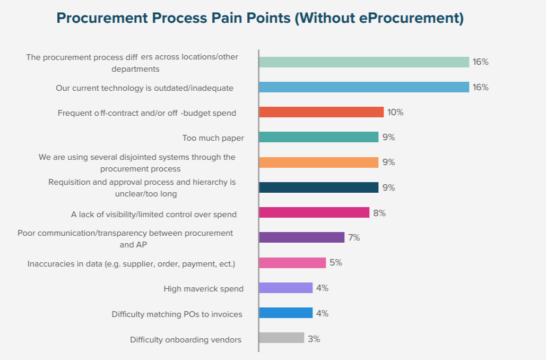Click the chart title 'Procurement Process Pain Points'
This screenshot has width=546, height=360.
coord(260,18)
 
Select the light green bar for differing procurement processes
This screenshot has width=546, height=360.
coord(364,62)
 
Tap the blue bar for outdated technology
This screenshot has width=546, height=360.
coord(364,87)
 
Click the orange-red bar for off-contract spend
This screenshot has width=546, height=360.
coord(321,112)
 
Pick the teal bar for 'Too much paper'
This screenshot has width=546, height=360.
coord(318,137)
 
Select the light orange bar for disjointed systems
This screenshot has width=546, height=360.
coord(318,162)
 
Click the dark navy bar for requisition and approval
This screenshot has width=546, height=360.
coord(318,187)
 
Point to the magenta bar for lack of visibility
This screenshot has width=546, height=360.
coord(314,212)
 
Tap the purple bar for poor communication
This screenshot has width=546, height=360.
coord(302,237)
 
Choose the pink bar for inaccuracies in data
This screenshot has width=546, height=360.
coord(292,263)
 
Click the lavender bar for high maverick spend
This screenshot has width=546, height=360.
coord(286,288)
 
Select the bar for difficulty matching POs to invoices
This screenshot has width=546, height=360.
coord(286,313)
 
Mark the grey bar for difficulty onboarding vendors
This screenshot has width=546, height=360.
coord(282,338)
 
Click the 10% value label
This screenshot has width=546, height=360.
coord(395,112)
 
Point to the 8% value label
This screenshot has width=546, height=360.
coord(379,213)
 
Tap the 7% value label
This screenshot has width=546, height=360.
coord(354,237)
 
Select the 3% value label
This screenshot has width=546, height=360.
coord(314,338)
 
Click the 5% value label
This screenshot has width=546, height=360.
coord(335,263)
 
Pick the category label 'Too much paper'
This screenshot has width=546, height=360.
coord(213,138)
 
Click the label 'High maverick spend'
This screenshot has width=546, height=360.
coord(204,289)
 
